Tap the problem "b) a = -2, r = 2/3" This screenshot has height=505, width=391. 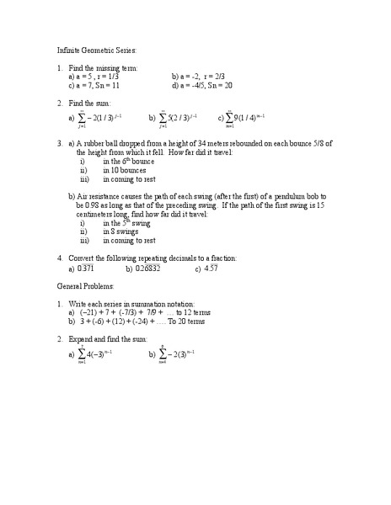click(203, 76)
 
